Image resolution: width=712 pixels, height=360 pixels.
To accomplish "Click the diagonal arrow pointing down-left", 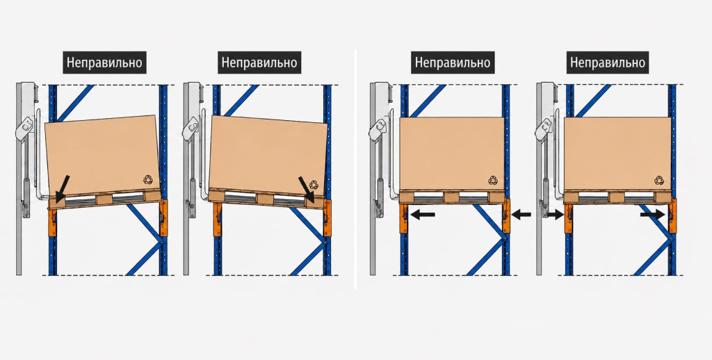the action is pyautogui.click(x=63, y=188).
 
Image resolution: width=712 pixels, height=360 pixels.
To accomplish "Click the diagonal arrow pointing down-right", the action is pyautogui.click(x=306, y=189).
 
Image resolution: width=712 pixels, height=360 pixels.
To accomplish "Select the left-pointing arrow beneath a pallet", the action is pyautogui.click(x=422, y=214).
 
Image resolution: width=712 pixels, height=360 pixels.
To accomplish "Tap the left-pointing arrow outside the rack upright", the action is pyautogui.click(x=521, y=214).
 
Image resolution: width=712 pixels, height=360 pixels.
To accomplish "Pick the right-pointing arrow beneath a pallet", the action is pyautogui.click(x=652, y=214).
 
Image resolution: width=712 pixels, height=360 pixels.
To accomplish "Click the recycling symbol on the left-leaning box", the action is pyautogui.click(x=148, y=179).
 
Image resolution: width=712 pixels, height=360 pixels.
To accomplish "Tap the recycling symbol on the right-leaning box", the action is pyautogui.click(x=314, y=184).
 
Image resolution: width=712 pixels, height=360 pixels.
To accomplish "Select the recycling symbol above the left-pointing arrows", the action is pyautogui.click(x=493, y=180).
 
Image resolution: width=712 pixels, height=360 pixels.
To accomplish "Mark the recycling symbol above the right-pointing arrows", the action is pyautogui.click(x=659, y=180).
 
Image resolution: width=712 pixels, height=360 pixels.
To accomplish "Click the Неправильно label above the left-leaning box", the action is pyautogui.click(x=104, y=62).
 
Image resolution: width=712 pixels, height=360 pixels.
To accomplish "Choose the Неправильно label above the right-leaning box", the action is pyautogui.click(x=259, y=62).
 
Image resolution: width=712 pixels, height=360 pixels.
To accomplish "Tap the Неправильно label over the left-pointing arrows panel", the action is pyautogui.click(x=453, y=62).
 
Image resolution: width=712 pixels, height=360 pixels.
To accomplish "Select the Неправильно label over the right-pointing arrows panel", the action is pyautogui.click(x=608, y=62).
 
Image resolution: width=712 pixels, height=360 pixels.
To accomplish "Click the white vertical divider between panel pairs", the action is pyautogui.click(x=355, y=170).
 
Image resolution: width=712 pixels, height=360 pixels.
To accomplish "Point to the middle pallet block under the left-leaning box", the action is pyautogui.click(x=104, y=199).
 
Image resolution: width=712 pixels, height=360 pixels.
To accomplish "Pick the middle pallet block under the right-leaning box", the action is pyautogui.click(x=265, y=198).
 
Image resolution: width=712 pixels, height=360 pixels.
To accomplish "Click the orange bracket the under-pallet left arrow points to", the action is pyautogui.click(x=403, y=219).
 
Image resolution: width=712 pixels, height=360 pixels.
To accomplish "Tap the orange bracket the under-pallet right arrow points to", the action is pyautogui.click(x=672, y=216).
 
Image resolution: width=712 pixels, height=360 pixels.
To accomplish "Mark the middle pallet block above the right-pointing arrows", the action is pyautogui.click(x=617, y=197).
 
